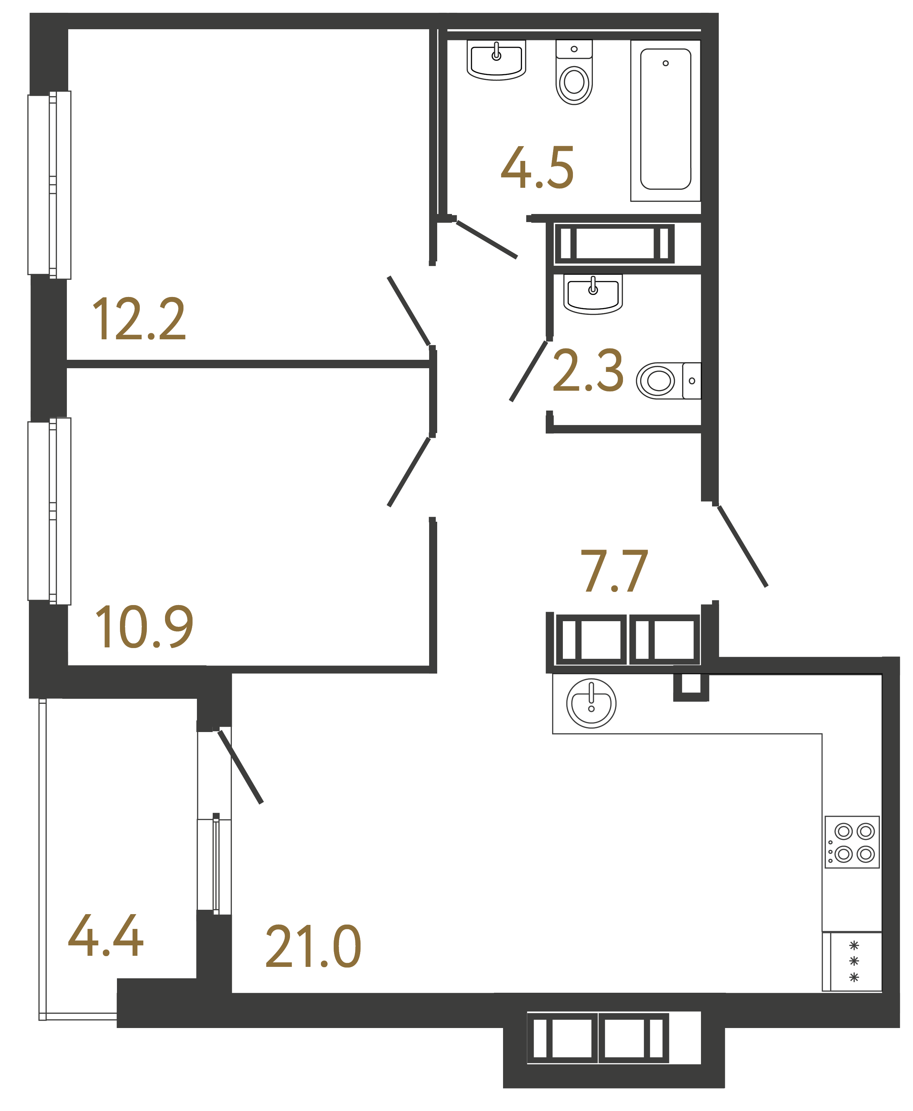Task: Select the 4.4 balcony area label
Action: point(106,936)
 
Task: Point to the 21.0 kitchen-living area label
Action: point(314,947)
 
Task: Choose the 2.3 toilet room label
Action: point(588,371)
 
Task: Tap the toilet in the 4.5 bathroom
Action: point(574,74)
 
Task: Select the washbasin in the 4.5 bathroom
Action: point(496,60)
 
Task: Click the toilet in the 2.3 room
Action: point(668,381)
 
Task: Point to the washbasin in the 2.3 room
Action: point(593,294)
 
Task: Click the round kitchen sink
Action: point(591,703)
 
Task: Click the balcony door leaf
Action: point(240,767)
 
